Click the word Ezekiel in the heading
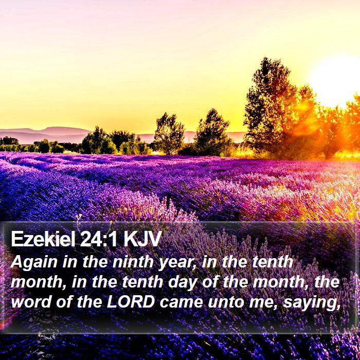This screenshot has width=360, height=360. (43, 239)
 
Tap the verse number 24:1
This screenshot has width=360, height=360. (99, 239)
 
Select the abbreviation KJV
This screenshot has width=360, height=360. (141, 239)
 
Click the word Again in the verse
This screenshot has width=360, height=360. (34, 263)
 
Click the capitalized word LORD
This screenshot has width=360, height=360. (131, 302)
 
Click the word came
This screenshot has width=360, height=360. (182, 302)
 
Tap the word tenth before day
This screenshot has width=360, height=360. (142, 282)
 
